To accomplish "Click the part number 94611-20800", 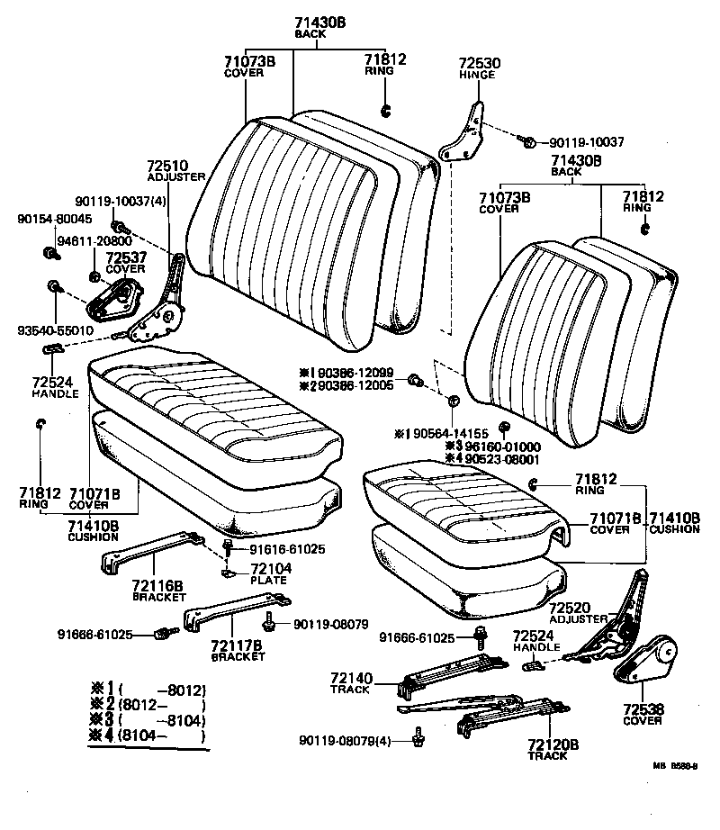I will [x=94, y=241].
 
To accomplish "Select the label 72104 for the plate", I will [x=268, y=569].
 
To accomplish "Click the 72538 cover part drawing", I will [x=645, y=663].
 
